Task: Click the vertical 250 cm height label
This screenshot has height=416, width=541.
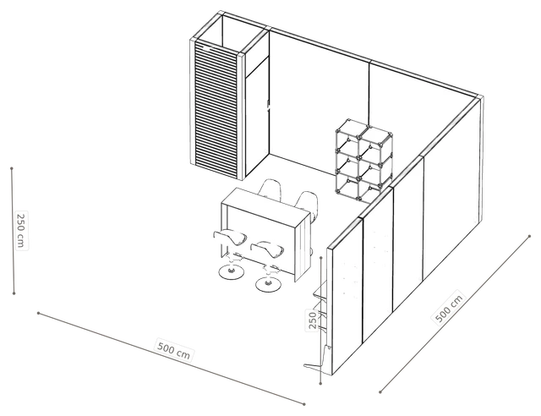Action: coord(21,230)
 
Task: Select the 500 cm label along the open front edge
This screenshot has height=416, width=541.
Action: coord(174,350)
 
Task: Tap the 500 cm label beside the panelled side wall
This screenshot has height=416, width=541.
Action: coord(448,309)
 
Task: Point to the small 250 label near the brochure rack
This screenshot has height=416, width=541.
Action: coord(312,320)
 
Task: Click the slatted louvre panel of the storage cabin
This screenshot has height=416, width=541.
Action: coord(216,110)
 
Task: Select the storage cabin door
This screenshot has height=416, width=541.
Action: coord(257,118)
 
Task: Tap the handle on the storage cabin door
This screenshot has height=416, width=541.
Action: coord(268,104)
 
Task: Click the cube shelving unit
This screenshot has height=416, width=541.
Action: coord(363,160)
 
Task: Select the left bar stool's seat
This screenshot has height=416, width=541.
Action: coord(230,237)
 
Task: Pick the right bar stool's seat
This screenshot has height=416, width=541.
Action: coord(267,249)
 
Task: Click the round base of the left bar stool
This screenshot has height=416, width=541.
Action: coord(231,271)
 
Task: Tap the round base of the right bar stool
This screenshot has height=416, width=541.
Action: coord(268,284)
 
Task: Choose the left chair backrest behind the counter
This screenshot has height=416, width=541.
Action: coord(270,189)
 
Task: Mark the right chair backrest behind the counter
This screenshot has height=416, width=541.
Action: coord(307,201)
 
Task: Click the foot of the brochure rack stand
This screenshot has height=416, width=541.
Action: coord(314,366)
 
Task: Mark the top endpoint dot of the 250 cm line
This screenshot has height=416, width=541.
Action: coord(12,168)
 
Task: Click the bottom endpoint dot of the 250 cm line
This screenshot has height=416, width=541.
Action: coord(14,293)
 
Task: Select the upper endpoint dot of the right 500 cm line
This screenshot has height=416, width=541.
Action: coord(530,237)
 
